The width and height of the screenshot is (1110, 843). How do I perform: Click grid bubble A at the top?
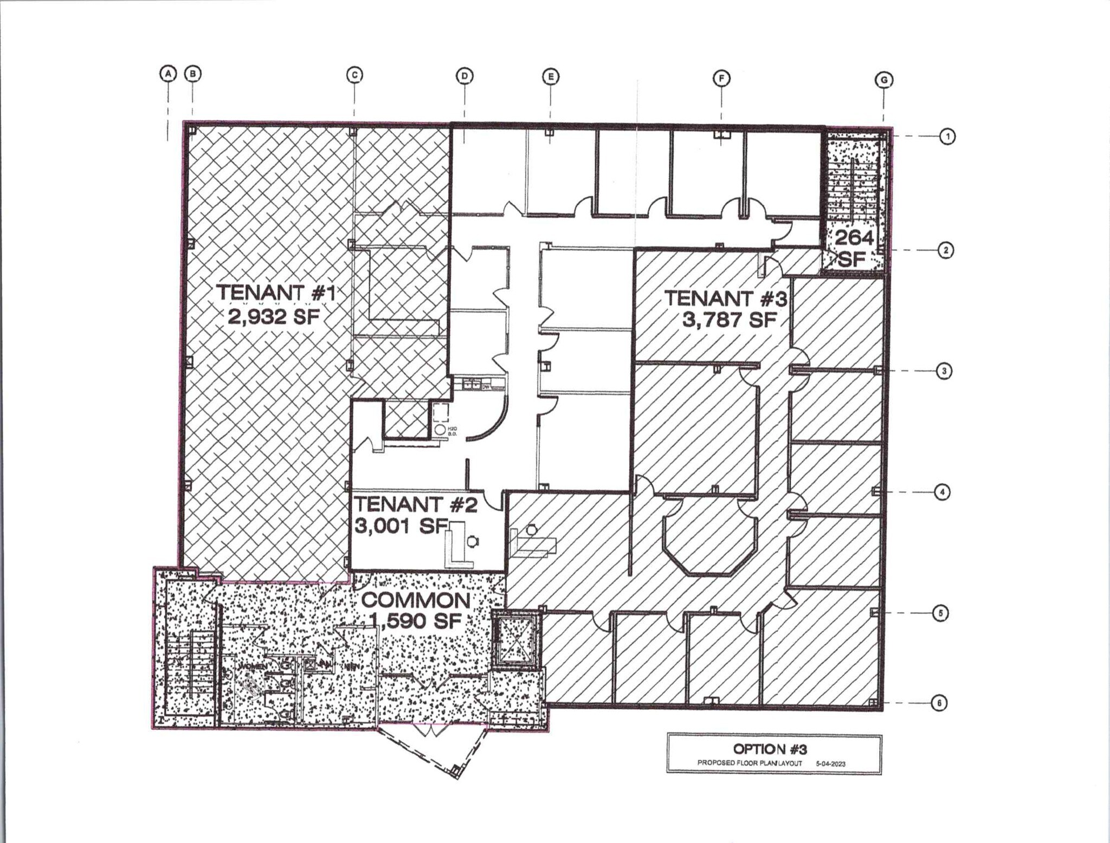click(168, 74)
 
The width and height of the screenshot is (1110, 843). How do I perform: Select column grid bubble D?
click(464, 76)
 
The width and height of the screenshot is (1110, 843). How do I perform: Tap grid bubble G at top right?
click(884, 81)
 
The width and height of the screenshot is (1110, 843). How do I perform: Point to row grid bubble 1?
click(947, 137)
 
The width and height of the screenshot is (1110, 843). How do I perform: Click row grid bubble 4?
click(942, 492)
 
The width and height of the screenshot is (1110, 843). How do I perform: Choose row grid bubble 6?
click(939, 703)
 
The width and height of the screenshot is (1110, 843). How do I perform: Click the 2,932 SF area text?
click(274, 316)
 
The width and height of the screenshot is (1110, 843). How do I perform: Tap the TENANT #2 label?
click(416, 504)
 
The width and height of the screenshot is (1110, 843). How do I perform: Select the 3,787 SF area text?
click(730, 320)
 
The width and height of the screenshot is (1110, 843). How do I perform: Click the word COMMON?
click(416, 600)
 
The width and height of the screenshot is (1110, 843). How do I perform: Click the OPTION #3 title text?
click(770, 749)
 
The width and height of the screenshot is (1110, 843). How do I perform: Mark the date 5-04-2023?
click(830, 763)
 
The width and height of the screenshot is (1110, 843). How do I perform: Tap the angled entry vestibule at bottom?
click(432, 748)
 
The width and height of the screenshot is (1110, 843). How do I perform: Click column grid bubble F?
click(721, 79)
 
